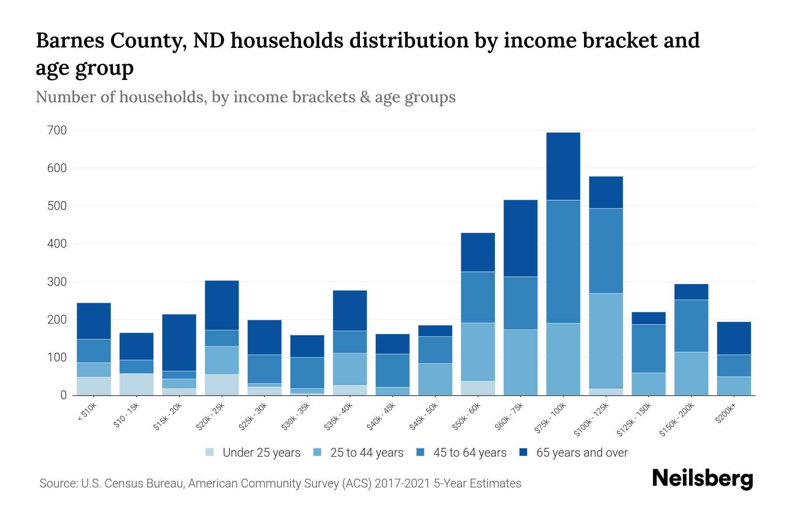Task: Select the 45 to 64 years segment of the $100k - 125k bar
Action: (x=606, y=251)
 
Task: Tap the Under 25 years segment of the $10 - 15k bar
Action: (x=136, y=384)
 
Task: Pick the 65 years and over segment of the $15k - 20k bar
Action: (x=179, y=343)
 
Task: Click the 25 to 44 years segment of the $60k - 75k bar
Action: (x=520, y=362)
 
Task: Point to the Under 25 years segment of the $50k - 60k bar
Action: (x=478, y=388)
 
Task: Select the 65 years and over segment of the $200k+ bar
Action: (x=734, y=338)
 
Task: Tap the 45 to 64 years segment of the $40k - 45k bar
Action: (x=392, y=371)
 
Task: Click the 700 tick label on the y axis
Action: (x=57, y=130)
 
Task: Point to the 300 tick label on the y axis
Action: (x=57, y=282)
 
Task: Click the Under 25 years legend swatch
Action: (x=210, y=452)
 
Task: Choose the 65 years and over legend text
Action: (x=582, y=453)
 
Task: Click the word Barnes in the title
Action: (x=69, y=40)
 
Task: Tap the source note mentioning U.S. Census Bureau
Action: (x=280, y=484)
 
